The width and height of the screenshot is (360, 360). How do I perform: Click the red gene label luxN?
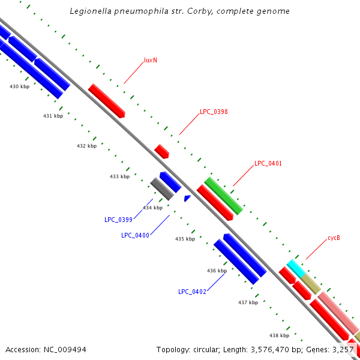(151, 61)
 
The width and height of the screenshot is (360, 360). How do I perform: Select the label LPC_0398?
(214, 112)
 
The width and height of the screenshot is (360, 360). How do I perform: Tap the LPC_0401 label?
(268, 163)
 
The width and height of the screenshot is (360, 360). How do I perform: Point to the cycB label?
(334, 238)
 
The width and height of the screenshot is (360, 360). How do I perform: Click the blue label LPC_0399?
(118, 220)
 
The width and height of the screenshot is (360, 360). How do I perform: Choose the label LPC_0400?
(135, 235)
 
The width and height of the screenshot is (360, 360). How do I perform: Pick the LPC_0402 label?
(192, 292)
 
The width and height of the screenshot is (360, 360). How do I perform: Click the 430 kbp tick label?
(20, 87)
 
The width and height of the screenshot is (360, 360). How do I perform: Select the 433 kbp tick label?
(119, 176)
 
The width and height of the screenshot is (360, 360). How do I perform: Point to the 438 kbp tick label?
(279, 335)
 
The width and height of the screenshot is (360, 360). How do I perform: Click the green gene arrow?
(223, 196)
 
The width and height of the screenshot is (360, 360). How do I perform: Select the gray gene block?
(161, 188)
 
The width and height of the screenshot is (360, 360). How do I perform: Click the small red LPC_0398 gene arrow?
(161, 151)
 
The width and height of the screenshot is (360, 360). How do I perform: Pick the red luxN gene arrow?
(106, 100)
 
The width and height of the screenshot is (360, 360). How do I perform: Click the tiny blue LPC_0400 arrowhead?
(187, 197)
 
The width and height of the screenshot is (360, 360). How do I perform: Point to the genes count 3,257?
(343, 349)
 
